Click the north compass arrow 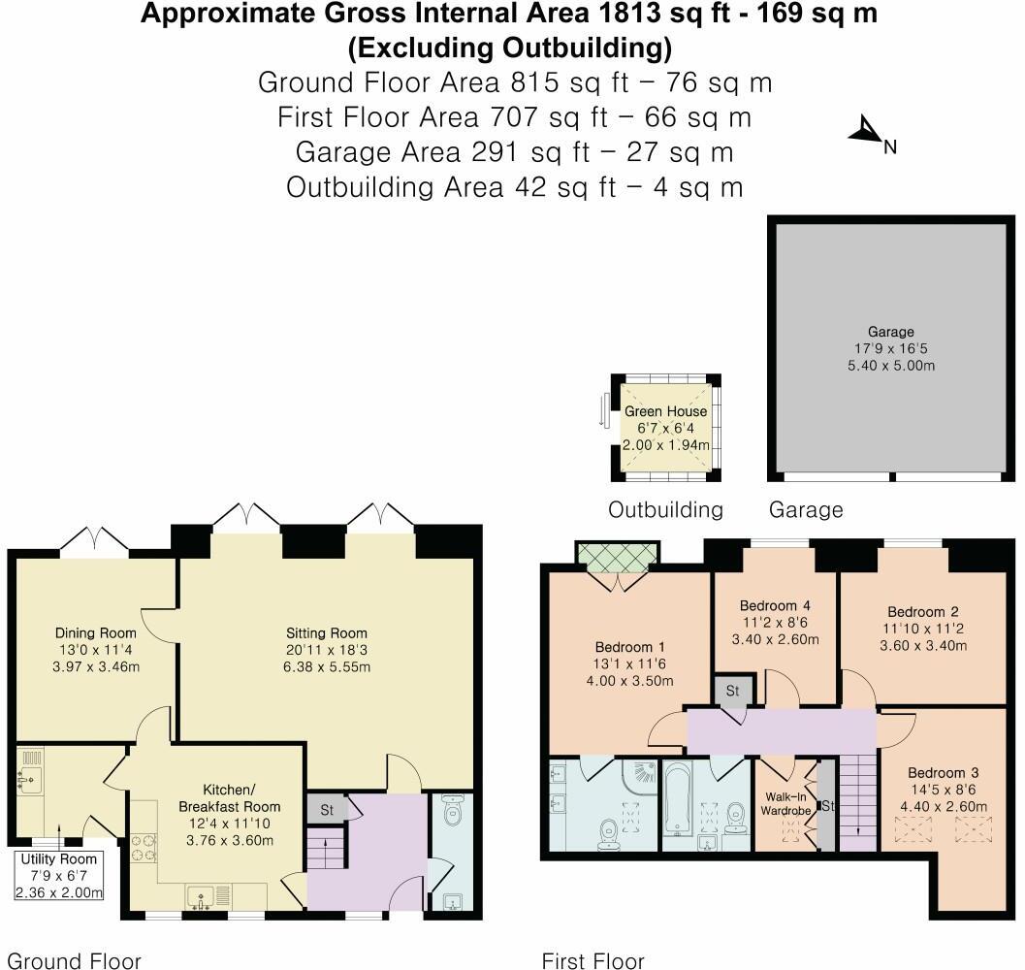(x=865, y=133)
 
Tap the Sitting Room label (x=325, y=633)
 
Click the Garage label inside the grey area (x=890, y=332)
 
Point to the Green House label (x=665, y=411)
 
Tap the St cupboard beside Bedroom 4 (x=732, y=692)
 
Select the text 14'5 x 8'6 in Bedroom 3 (x=943, y=791)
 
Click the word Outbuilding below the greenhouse (x=665, y=509)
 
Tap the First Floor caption (x=593, y=960)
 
